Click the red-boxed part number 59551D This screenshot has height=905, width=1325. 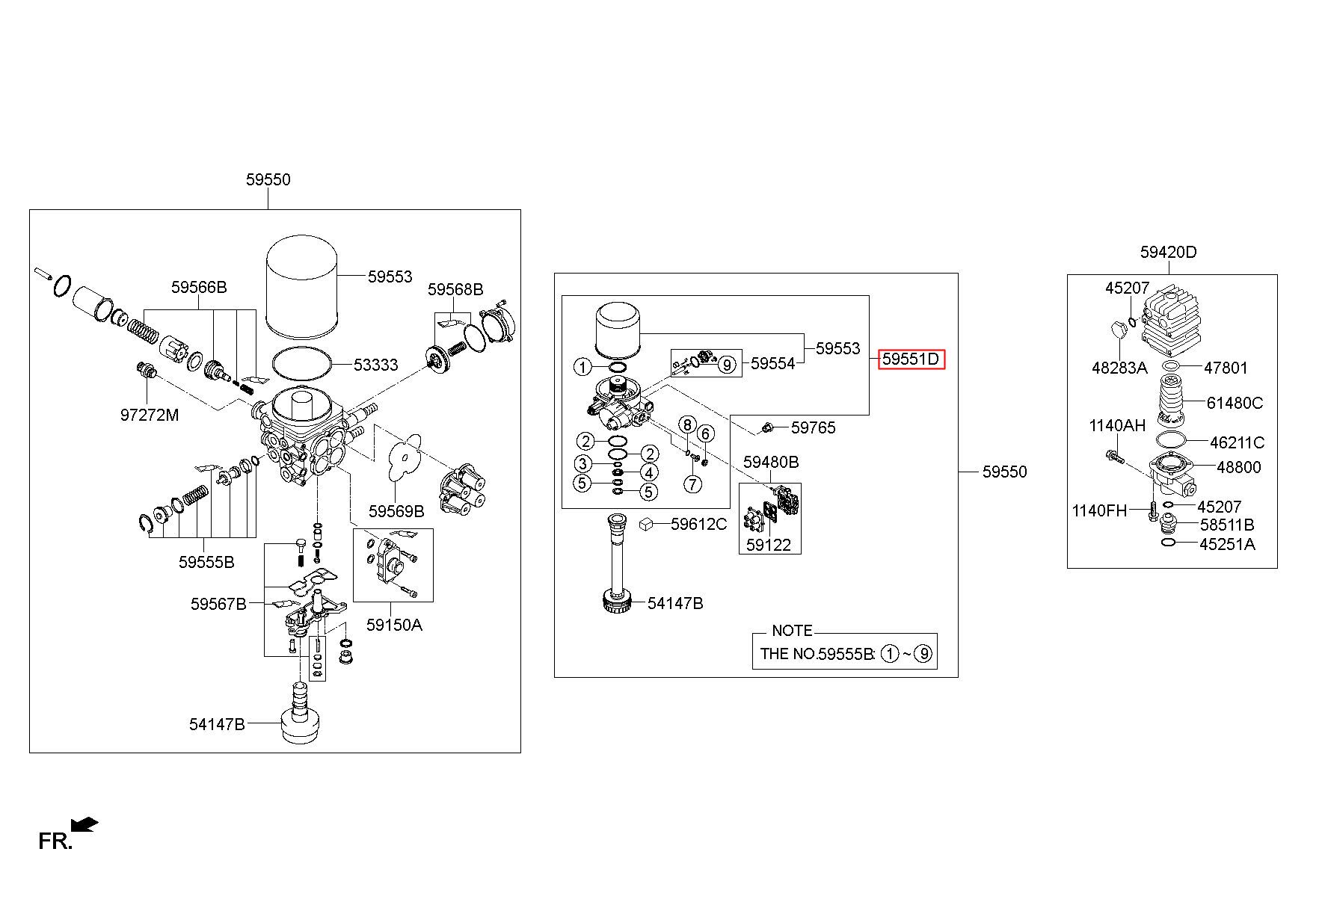click(911, 359)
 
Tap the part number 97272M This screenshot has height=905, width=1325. click(150, 415)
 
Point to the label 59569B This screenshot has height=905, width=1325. click(396, 511)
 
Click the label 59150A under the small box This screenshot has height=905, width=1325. click(394, 625)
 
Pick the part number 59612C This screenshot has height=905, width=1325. click(698, 524)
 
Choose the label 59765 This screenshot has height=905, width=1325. click(814, 427)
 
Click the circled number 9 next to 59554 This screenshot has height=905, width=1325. click(726, 365)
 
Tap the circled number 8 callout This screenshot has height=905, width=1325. click(686, 425)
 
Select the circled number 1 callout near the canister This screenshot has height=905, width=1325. click(582, 366)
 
